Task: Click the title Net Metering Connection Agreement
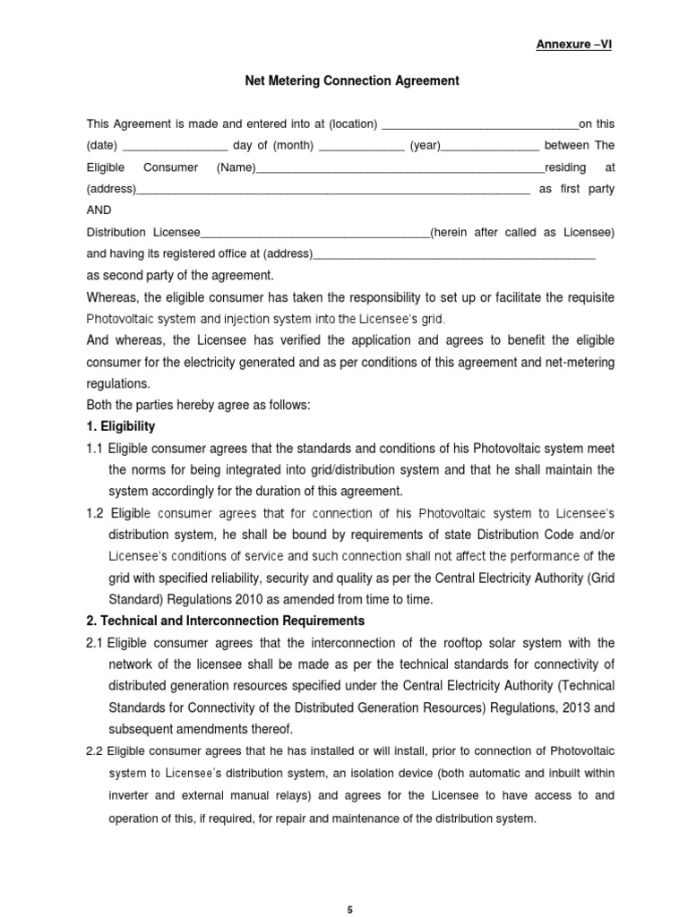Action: click(x=352, y=81)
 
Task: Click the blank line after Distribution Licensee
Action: click(x=315, y=234)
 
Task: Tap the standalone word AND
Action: click(x=99, y=210)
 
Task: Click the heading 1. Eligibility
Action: click(x=121, y=426)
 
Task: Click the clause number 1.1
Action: click(x=95, y=449)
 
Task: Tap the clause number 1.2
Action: click(x=95, y=513)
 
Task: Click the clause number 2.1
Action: click(x=95, y=643)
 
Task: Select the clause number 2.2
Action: click(x=95, y=750)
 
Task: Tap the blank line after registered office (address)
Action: click(x=454, y=255)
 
